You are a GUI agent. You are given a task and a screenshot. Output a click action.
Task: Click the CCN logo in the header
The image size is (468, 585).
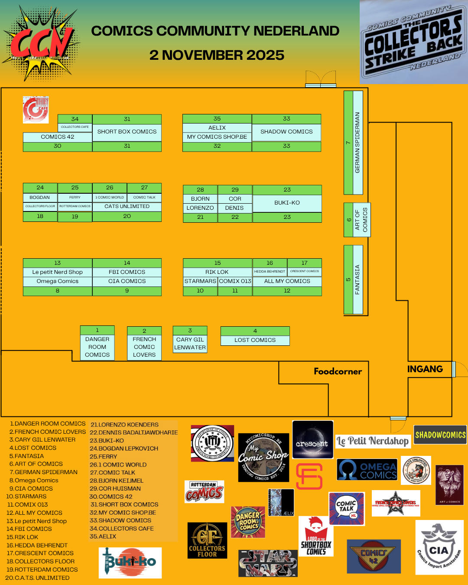pyautogui.click(x=41, y=43)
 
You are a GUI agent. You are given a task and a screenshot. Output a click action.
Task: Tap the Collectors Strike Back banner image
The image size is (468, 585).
pyautogui.click(x=413, y=42)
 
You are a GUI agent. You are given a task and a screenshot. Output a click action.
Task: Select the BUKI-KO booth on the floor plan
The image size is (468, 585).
pyautogui.click(x=287, y=203)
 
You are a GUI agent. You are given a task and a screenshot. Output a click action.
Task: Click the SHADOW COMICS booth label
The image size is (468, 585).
pyautogui.click(x=286, y=132)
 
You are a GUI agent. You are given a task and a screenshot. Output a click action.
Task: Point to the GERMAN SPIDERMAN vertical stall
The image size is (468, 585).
pyautogui.click(x=357, y=143)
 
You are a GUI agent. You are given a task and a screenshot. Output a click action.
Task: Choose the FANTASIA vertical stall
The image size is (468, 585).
pyautogui.click(x=357, y=279)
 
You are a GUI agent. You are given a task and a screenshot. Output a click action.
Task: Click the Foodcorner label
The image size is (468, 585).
pyautogui.click(x=338, y=371)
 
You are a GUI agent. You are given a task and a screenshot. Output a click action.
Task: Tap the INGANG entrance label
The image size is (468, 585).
pyautogui.click(x=425, y=369)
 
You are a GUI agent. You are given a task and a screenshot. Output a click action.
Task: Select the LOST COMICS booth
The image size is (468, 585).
pyautogui.click(x=255, y=340)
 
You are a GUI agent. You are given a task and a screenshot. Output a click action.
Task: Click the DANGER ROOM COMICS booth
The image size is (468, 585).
pyautogui.click(x=97, y=347)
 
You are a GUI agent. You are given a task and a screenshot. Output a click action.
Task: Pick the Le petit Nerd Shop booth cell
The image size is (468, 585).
pyautogui.click(x=57, y=272)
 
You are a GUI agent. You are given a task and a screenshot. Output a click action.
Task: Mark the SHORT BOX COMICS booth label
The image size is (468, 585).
pyautogui.click(x=127, y=132)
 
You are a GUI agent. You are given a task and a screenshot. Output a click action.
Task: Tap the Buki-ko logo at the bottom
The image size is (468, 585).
pyautogui.click(x=130, y=562)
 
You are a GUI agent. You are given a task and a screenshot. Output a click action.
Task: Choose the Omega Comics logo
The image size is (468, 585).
pyautogui.click(x=367, y=470)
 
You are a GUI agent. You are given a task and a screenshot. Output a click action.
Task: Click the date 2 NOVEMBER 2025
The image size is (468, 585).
pyautogui.click(x=217, y=55)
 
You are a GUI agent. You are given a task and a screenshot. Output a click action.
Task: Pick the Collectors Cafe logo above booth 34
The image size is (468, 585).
pyautogui.click(x=36, y=109)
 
